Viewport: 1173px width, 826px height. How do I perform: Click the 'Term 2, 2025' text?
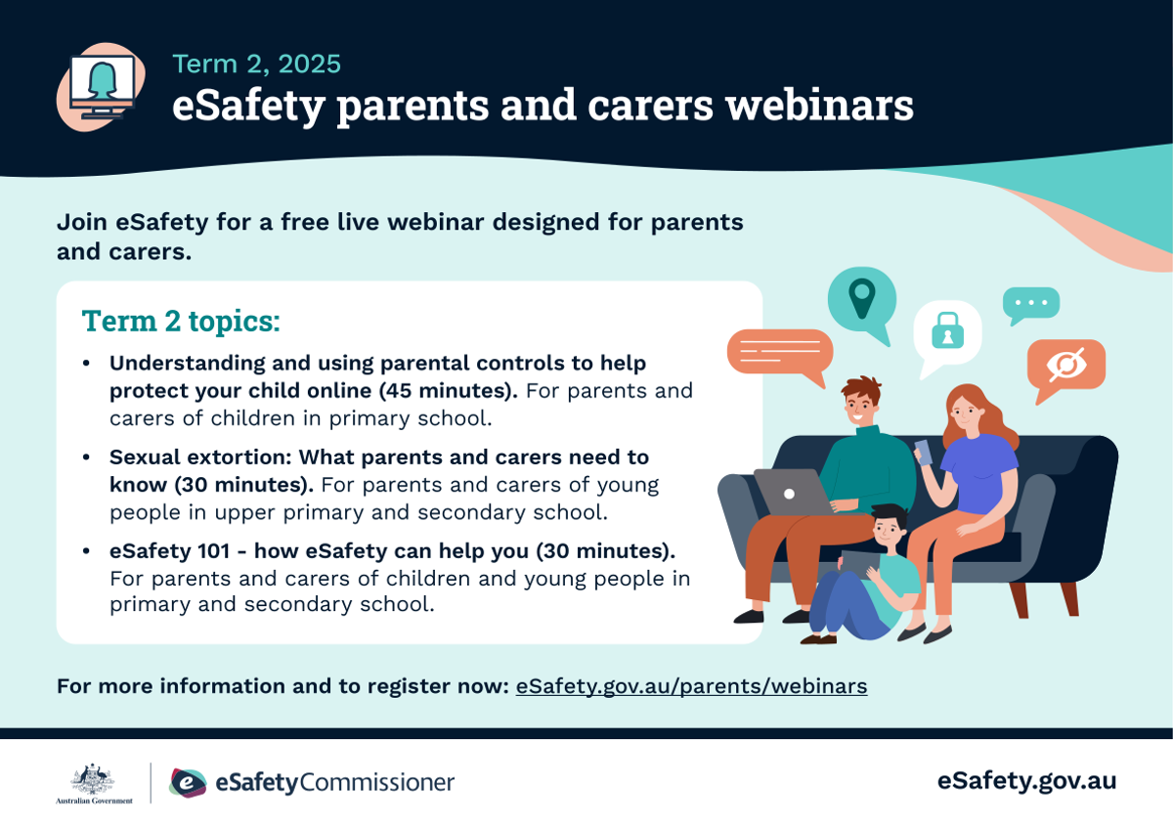coord(256,64)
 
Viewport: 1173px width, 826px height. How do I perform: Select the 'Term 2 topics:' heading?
coord(181,321)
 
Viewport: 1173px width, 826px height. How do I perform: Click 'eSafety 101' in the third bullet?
coord(170,551)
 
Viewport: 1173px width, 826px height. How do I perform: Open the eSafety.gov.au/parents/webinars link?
coord(691,686)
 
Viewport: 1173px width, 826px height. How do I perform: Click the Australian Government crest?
coord(93,779)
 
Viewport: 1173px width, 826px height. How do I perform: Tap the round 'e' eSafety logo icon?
coord(188,783)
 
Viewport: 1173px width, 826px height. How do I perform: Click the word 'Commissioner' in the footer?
coord(376,782)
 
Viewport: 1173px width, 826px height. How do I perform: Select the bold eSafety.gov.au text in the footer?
coord(1026,781)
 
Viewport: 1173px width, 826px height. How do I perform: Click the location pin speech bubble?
coord(862,302)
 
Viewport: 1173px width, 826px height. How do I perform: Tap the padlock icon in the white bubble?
coord(948,330)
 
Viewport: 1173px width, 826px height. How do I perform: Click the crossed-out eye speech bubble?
coord(1066,367)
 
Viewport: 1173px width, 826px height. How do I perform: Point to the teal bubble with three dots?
coord(1031,304)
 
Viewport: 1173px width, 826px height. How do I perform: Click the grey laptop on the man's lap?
coord(792,492)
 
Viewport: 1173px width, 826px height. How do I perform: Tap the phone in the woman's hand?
coord(923,452)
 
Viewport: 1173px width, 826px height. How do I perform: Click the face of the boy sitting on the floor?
coord(888,531)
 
